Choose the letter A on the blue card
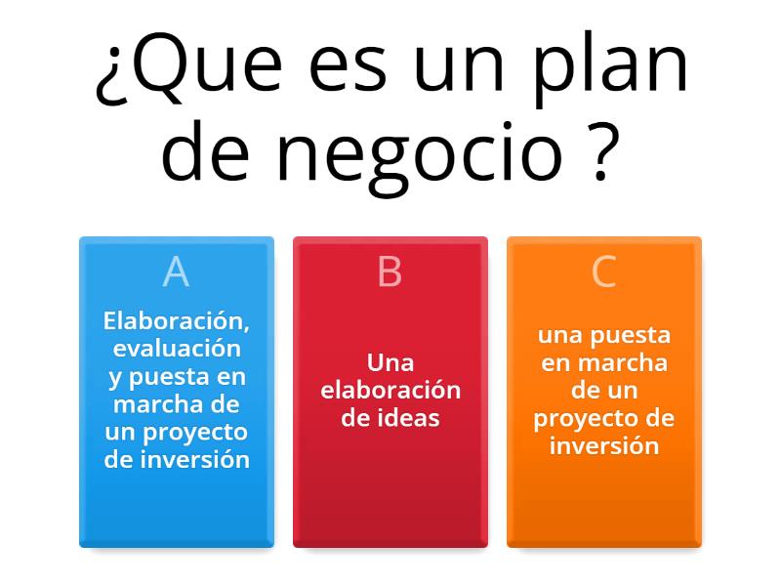(176, 272)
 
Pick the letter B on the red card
(390, 272)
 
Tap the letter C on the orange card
(604, 272)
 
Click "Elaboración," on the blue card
(177, 319)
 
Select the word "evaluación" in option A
(177, 348)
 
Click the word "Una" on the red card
(390, 362)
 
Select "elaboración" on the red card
(390, 390)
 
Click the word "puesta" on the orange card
(635, 335)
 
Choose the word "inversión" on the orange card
(604, 445)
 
